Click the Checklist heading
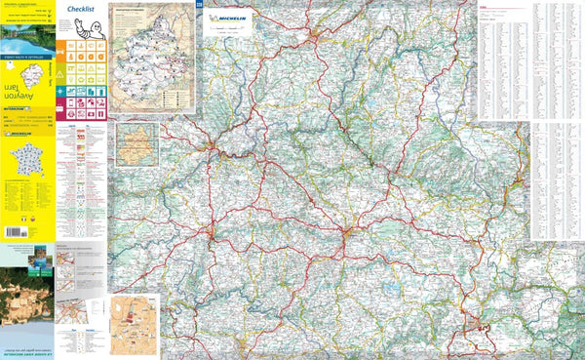click(83, 10)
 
